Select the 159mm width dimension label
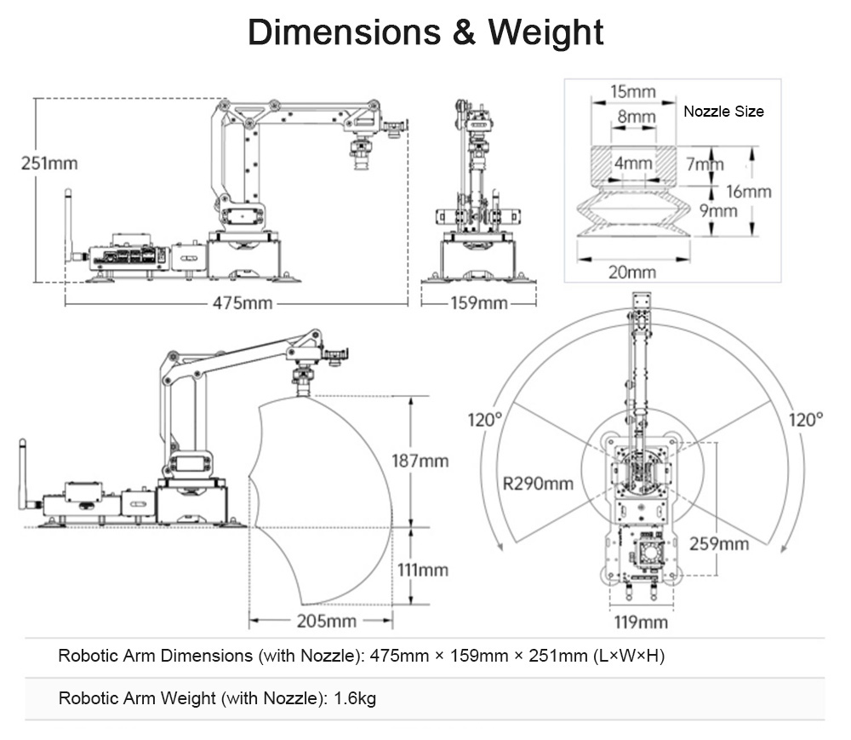pyautogui.click(x=478, y=303)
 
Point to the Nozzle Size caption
pyautogui.click(x=723, y=112)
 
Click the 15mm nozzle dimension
pyautogui.click(x=633, y=91)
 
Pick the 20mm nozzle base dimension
pyautogui.click(x=633, y=272)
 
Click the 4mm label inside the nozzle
pyautogui.click(x=633, y=163)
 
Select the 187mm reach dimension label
pyautogui.click(x=420, y=461)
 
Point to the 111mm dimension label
pyautogui.click(x=420, y=570)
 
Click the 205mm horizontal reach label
pyautogui.click(x=326, y=621)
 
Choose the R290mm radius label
pyautogui.click(x=538, y=484)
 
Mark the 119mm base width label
pyautogui.click(x=641, y=622)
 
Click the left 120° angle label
pyautogui.click(x=485, y=420)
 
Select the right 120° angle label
pyautogui.click(x=806, y=420)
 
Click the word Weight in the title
pyautogui.click(x=545, y=32)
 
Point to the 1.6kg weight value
pyautogui.click(x=355, y=699)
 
